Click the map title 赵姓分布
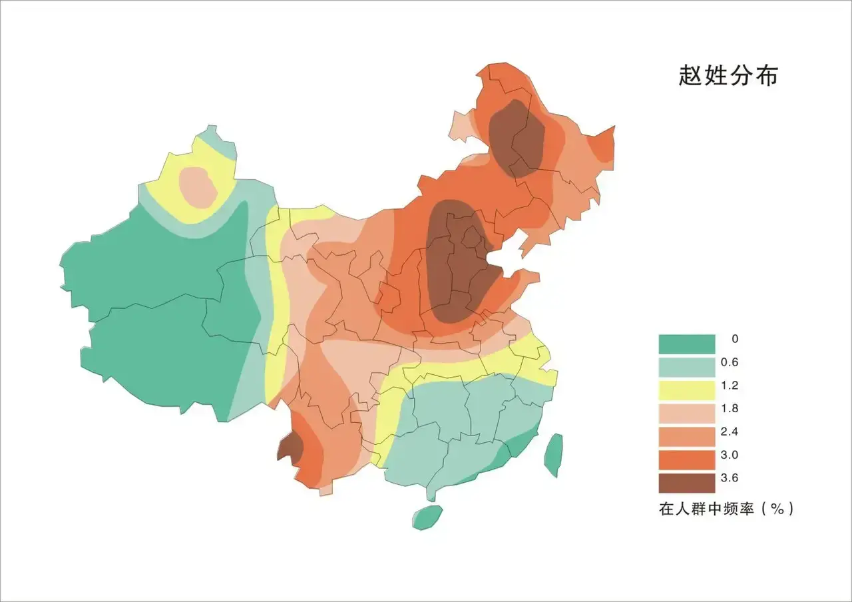[x=728, y=75]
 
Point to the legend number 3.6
[x=730, y=477]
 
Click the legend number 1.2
[x=730, y=386]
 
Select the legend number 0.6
[x=730, y=362]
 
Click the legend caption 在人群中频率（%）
[x=726, y=509]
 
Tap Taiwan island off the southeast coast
[x=553, y=455]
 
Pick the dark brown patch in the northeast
[x=517, y=138]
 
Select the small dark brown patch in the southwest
[x=290, y=447]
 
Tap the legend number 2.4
[x=730, y=432]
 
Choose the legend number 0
[x=734, y=339]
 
